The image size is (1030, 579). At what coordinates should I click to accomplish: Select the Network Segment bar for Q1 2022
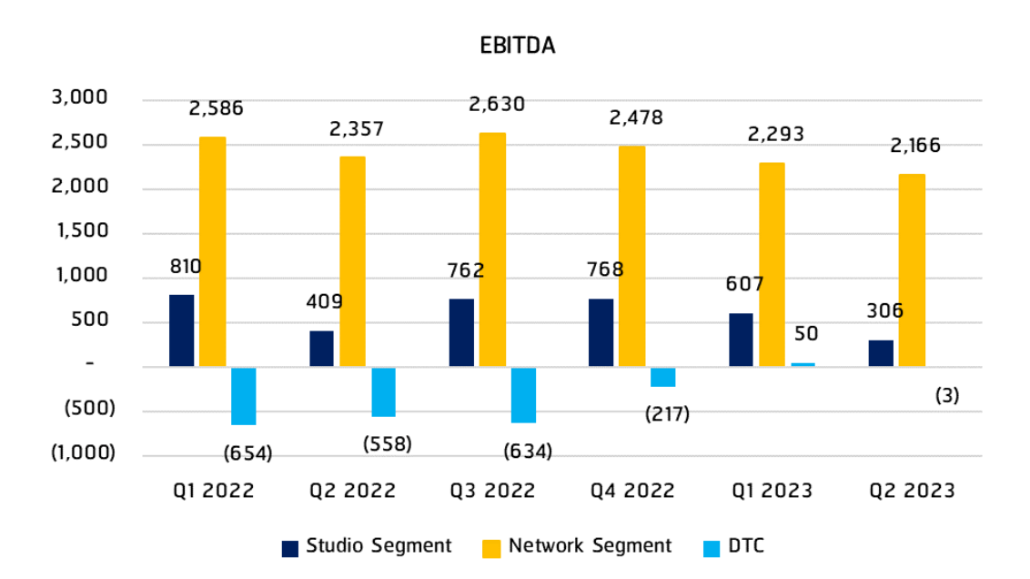(x=212, y=252)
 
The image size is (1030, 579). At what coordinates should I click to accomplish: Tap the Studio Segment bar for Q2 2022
(x=321, y=349)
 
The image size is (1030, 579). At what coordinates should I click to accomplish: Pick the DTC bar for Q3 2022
(x=523, y=395)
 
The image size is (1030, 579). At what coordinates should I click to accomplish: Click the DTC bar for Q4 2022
(x=663, y=377)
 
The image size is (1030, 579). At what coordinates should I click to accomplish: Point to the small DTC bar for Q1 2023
(x=803, y=364)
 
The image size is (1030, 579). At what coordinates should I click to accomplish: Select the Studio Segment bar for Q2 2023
(x=881, y=353)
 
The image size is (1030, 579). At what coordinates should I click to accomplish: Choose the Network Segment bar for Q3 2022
(x=492, y=249)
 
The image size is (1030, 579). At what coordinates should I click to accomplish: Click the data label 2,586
(x=217, y=108)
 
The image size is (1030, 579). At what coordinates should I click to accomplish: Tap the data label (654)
(x=247, y=453)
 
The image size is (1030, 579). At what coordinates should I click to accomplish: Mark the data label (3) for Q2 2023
(x=947, y=396)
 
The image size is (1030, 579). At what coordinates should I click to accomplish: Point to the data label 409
(x=326, y=300)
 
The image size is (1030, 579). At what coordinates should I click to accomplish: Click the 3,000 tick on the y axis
(x=81, y=98)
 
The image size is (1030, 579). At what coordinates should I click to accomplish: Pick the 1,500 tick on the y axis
(x=81, y=232)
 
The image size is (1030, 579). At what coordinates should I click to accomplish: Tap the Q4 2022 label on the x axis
(x=632, y=491)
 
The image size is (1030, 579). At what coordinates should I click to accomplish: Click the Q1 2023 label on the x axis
(x=772, y=491)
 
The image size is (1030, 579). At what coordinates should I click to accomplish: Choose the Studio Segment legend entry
(x=367, y=546)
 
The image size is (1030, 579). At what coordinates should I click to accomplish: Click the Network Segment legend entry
(x=577, y=546)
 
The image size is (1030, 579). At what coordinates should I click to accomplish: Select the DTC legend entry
(x=733, y=546)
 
